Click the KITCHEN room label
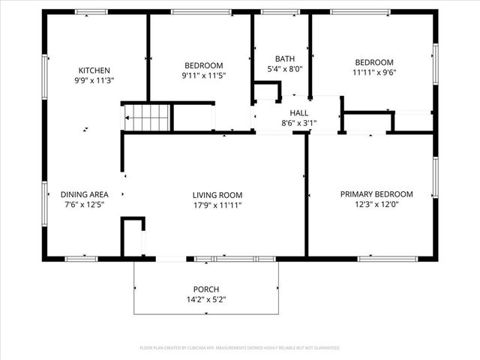pos(94,70)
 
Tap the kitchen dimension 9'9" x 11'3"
pos(94,79)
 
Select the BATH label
pos(285,58)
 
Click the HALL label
pos(289,112)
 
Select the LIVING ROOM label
pos(217,195)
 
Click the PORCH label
pos(206,289)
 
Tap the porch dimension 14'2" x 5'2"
pos(206,299)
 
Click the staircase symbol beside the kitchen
pos(147,118)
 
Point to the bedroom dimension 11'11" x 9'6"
pos(374,72)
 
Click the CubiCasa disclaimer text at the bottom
pos(240,348)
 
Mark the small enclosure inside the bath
pos(265,92)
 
